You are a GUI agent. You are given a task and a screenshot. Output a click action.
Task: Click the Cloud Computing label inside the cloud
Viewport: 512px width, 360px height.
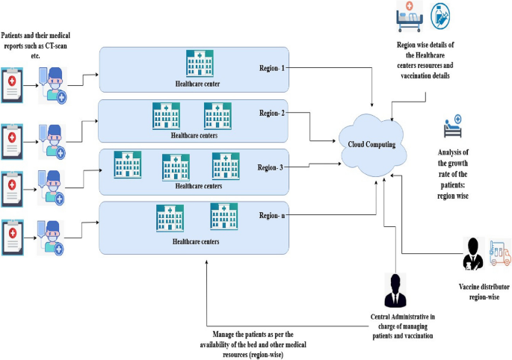click(x=372, y=144)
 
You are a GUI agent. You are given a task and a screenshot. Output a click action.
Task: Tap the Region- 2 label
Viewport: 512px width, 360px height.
click(x=273, y=114)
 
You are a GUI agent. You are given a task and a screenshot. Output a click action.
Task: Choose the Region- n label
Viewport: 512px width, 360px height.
click(x=272, y=216)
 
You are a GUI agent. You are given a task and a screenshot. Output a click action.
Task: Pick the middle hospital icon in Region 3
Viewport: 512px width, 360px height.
click(x=176, y=167)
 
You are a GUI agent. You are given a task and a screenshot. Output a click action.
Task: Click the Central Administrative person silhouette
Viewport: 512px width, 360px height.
click(x=393, y=289)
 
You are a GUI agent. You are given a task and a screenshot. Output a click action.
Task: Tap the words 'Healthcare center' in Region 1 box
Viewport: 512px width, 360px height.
click(x=197, y=86)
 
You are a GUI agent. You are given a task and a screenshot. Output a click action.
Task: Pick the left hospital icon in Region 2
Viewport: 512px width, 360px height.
click(x=166, y=115)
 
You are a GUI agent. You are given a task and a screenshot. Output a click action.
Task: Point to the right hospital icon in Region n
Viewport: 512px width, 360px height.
click(x=223, y=215)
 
